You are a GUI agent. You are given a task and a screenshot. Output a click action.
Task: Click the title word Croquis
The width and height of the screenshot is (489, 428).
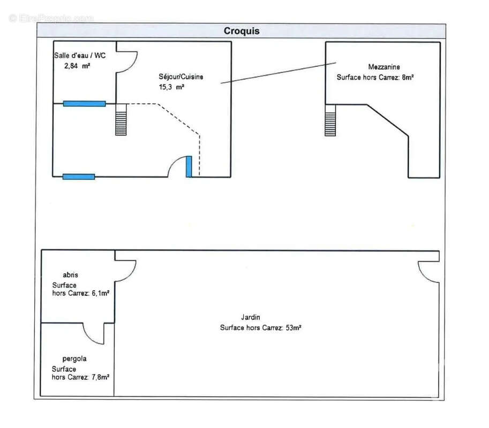click(241, 31)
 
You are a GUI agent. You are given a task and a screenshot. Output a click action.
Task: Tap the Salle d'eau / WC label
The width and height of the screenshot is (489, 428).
click(80, 56)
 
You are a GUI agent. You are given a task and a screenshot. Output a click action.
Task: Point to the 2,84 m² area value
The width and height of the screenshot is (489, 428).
click(77, 66)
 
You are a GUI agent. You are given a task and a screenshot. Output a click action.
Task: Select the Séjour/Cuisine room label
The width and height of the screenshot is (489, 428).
click(180, 77)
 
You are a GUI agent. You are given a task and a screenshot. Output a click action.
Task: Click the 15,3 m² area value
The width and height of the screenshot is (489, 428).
click(171, 87)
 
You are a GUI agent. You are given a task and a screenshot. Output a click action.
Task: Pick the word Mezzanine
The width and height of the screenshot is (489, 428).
click(383, 67)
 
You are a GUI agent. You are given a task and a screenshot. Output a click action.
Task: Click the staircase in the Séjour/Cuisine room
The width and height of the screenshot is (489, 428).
click(121, 119)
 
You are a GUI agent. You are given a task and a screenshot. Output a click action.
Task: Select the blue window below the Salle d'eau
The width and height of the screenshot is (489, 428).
click(84, 103)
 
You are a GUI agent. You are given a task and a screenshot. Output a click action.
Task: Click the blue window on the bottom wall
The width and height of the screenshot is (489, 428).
click(79, 177)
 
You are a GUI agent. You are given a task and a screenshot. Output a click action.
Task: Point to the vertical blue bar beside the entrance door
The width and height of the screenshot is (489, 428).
click(189, 166)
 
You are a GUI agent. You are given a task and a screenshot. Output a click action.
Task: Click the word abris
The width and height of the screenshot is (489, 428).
click(70, 275)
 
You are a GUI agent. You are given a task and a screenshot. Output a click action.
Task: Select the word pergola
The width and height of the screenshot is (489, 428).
click(74, 359)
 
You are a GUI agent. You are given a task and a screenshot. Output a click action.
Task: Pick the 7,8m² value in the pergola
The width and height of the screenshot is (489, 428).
click(99, 377)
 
